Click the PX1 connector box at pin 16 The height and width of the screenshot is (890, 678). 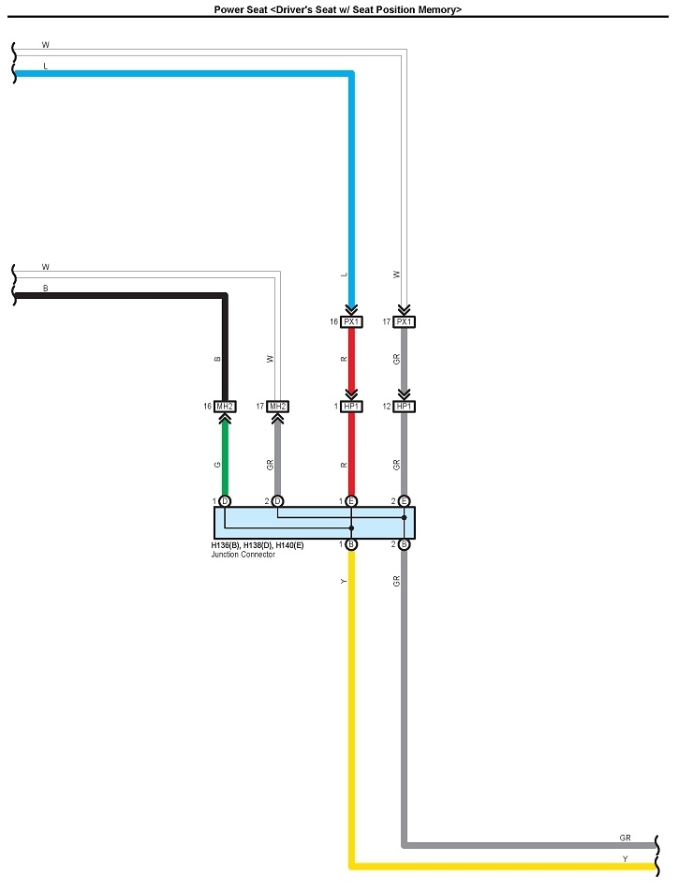351,321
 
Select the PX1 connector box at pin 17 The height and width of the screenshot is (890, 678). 404,321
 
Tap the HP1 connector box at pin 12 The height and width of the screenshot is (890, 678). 404,407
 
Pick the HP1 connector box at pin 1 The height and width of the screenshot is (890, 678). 351,407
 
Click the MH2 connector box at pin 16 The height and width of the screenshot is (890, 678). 225,407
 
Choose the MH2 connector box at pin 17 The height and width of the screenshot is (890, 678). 277,407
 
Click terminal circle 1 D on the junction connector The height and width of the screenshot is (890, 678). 225,501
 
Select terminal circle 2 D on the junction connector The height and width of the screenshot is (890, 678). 277,501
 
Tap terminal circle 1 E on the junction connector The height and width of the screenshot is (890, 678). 351,501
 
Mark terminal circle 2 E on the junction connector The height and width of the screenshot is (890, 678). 404,501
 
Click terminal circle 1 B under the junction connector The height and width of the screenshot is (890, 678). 351,544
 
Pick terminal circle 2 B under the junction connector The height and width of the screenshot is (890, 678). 404,544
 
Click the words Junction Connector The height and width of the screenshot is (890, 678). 243,555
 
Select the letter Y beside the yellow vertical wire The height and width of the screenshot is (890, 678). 344,582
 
